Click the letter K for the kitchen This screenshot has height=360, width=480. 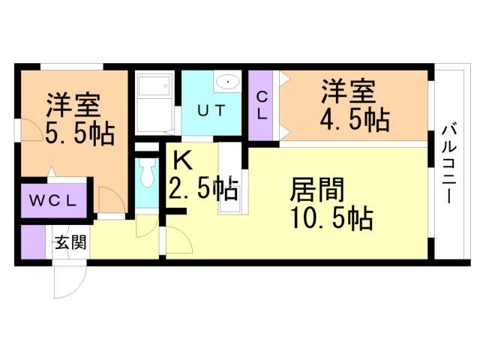click(181, 160)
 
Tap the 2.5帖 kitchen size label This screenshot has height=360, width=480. click(202, 187)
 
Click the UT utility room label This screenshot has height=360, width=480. click(211, 110)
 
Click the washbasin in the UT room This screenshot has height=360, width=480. click(227, 81)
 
